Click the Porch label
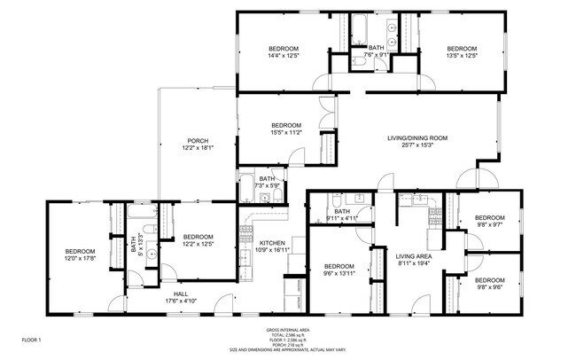click(x=197, y=141)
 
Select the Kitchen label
click(x=271, y=243)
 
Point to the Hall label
click(x=181, y=294)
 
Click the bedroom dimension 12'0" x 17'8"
click(x=79, y=259)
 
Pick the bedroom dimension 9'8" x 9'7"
click(x=489, y=225)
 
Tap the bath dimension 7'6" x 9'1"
click(x=377, y=55)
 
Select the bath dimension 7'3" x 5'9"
click(x=267, y=185)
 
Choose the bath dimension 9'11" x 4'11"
click(x=342, y=218)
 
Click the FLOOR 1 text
click(x=31, y=340)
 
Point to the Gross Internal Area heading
click(x=287, y=329)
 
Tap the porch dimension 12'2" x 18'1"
click(x=197, y=148)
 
